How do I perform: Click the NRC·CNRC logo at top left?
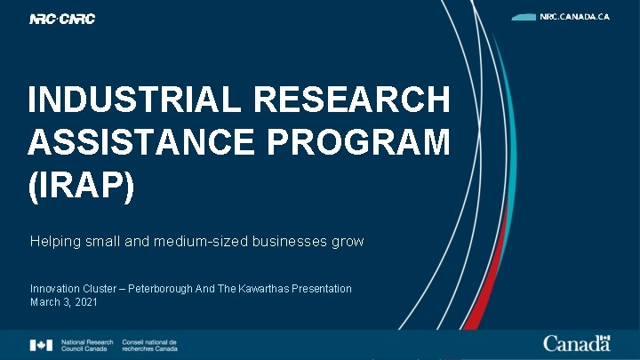pyautogui.click(x=62, y=19)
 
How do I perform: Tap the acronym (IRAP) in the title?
pyautogui.click(x=81, y=185)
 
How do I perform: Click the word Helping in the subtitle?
pyautogui.click(x=54, y=241)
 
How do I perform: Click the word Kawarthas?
pyautogui.click(x=269, y=289)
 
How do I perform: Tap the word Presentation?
pyautogui.click(x=324, y=289)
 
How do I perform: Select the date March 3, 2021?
pyautogui.click(x=64, y=302)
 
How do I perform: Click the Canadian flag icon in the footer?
pyautogui.click(x=41, y=345)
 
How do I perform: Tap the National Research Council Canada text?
pyautogui.click(x=86, y=345)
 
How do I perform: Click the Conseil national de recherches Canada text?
pyautogui.click(x=148, y=345)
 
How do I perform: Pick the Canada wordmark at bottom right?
pyautogui.click(x=577, y=343)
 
